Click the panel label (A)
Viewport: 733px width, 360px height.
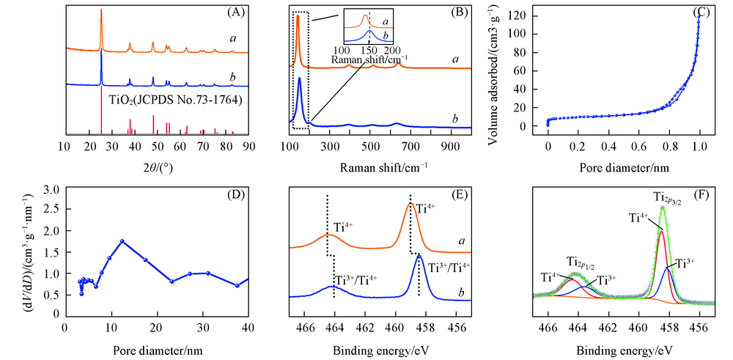(235, 12)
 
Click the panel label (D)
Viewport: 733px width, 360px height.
(235, 196)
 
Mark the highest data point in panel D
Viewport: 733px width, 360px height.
(122, 241)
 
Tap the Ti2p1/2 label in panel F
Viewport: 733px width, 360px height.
(581, 261)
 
